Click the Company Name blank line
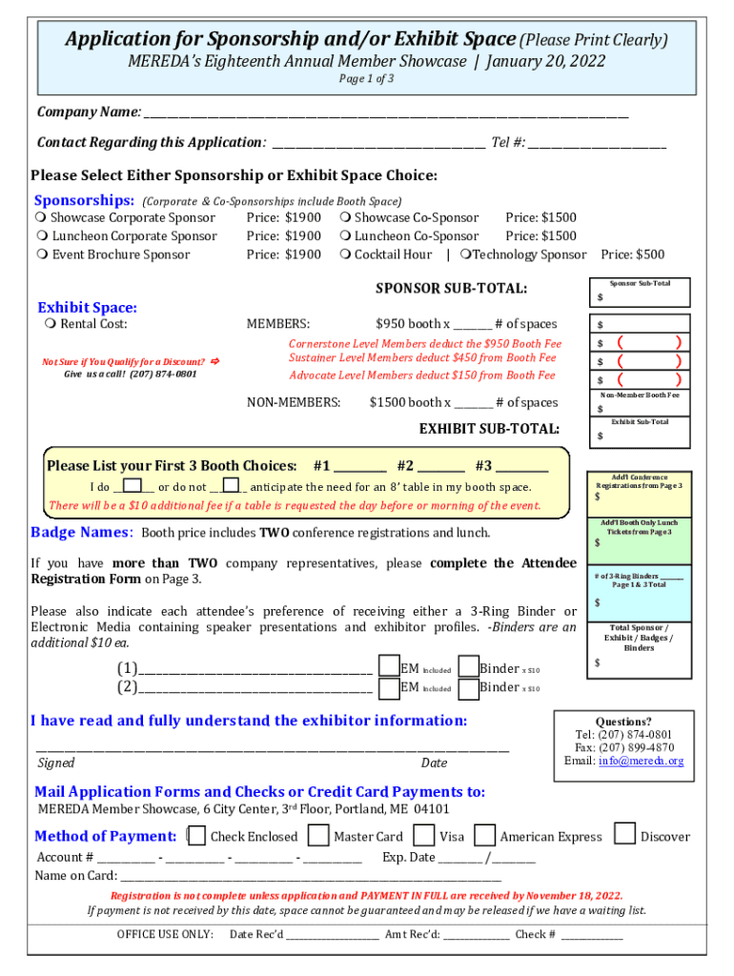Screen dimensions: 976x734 (x=385, y=114)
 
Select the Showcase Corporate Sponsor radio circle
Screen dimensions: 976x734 (x=42, y=218)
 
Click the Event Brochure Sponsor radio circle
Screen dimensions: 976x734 (x=42, y=254)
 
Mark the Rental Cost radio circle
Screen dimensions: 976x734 (x=50, y=324)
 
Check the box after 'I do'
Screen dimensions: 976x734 (x=133, y=487)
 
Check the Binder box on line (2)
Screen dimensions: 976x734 (x=468, y=688)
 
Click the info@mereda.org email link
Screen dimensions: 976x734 (x=641, y=762)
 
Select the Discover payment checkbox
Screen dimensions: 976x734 (x=624, y=835)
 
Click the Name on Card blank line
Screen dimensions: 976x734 (x=310, y=875)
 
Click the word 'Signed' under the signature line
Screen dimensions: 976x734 (x=56, y=763)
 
